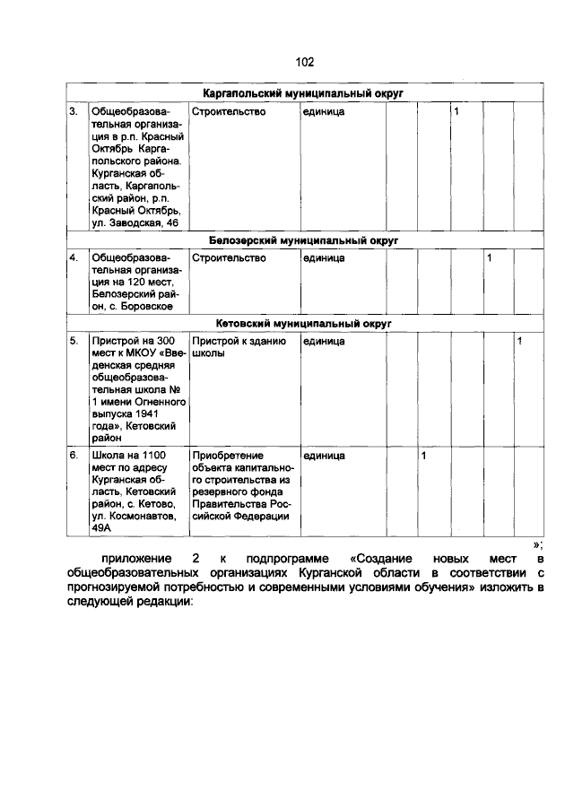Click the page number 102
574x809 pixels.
(304, 62)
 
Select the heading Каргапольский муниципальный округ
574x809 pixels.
(304, 93)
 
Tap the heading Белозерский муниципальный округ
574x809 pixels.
(304, 241)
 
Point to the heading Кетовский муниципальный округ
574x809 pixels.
(304, 323)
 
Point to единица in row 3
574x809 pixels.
(324, 112)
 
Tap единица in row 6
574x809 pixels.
(324, 457)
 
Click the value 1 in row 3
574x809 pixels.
(457, 112)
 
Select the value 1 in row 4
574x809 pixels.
(489, 259)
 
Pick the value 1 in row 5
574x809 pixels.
(519, 342)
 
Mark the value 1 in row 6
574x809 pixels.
(423, 457)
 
